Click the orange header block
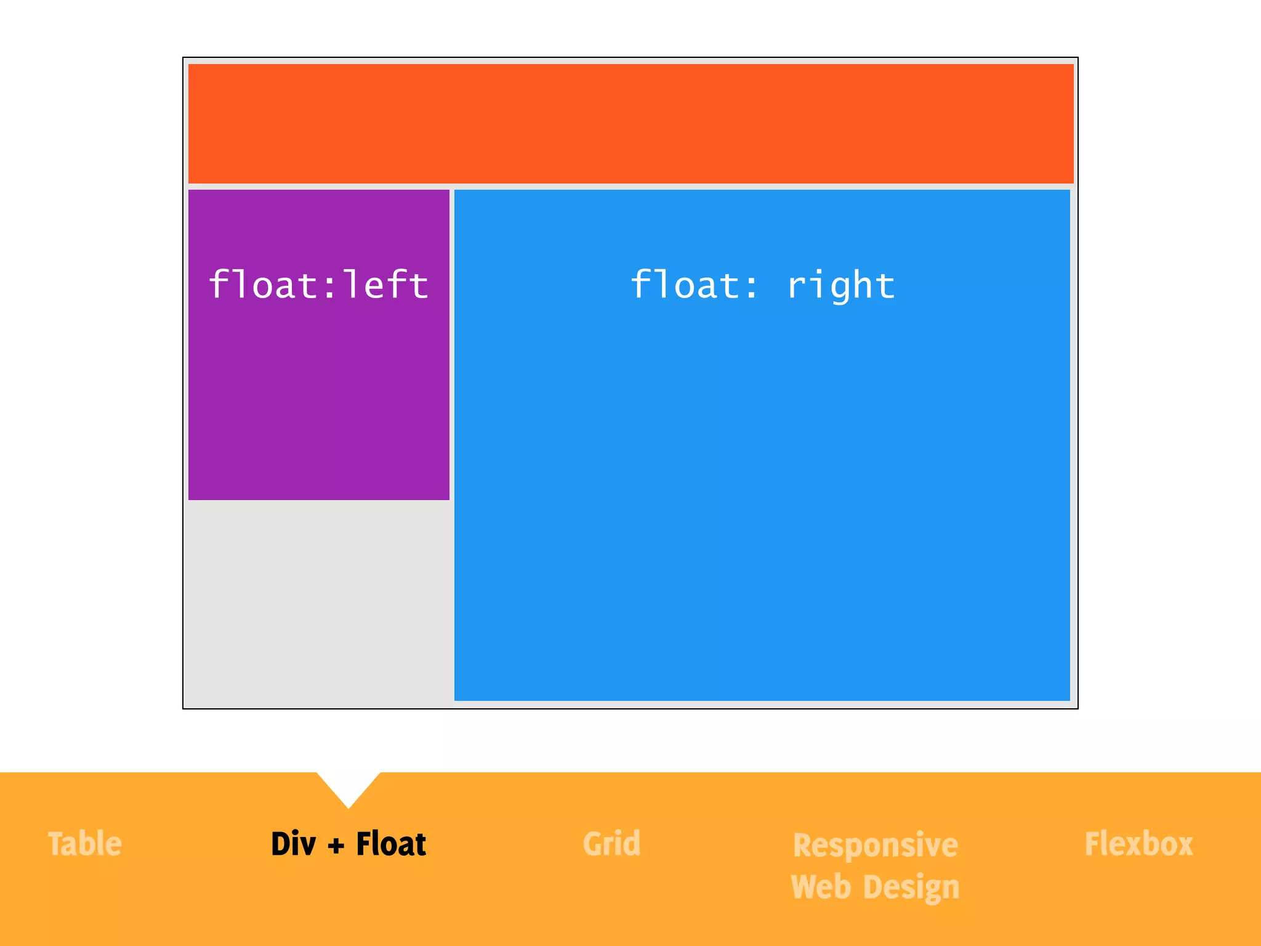[630, 123]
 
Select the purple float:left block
[318, 394]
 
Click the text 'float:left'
[318, 285]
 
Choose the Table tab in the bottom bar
[85, 844]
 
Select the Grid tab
[611, 844]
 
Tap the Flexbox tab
[1138, 844]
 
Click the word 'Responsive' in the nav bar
[875, 845]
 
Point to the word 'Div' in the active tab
[293, 844]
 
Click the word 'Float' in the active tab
[391, 844]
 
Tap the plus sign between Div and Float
[336, 846]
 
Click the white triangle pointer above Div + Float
[348, 786]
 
